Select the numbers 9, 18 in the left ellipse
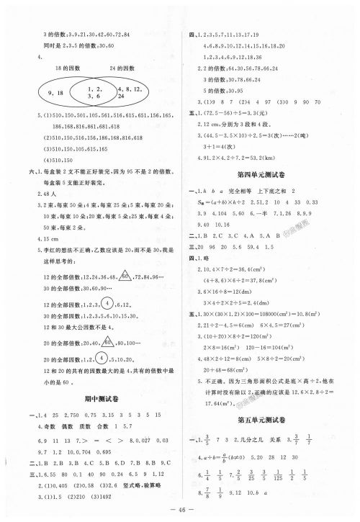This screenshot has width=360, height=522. tap(55, 92)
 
